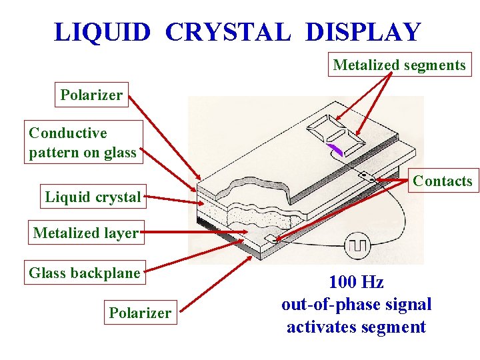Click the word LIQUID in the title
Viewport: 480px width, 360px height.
102,32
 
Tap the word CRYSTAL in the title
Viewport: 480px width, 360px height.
227,32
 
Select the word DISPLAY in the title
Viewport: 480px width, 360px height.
363,32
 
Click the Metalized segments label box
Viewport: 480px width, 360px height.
399,65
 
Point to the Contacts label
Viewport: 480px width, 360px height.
442,181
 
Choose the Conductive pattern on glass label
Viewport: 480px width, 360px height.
83,143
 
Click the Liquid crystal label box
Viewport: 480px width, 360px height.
93,197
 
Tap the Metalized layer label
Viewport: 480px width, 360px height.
85,233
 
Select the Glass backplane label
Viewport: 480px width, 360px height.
85,273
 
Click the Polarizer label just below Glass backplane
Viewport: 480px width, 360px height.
140,313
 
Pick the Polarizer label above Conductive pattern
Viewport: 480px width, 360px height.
91,95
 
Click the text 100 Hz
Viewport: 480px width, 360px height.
356,282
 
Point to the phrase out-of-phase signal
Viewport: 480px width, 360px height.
356,305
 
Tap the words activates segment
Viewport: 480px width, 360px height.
356,327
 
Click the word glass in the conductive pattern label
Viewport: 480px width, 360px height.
120,153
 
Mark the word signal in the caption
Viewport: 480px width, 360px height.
407,305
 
